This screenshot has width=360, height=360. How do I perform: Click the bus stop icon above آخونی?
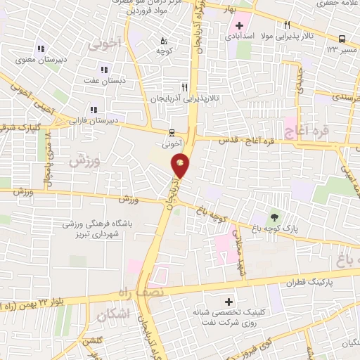(172, 132)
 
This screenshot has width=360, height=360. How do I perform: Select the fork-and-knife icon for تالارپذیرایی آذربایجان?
(184, 87)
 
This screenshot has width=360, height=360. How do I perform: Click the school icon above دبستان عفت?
(104, 70)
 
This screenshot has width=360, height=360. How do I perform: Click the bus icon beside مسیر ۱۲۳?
(342, 39)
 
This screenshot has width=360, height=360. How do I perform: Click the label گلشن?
(91, 340)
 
